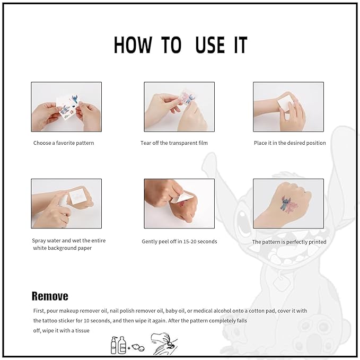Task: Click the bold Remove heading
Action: point(50,296)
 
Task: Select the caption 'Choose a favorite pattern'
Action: point(64,143)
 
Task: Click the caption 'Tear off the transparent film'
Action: point(174,143)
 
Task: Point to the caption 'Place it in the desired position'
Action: point(289,143)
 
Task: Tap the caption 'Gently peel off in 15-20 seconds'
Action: point(179,242)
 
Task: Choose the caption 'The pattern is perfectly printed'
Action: point(289,242)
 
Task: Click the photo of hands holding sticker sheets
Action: point(66,107)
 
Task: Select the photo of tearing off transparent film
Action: point(179,107)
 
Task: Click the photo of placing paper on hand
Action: point(288,107)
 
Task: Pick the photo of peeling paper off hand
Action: point(179,204)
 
